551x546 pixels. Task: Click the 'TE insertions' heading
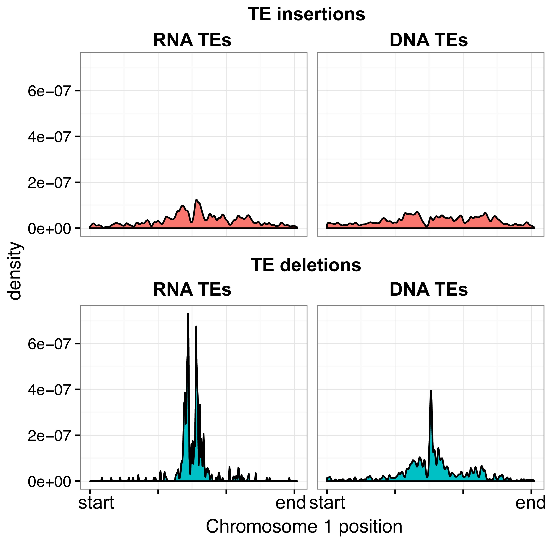pos(306,14)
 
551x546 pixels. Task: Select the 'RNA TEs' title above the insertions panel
pos(192,40)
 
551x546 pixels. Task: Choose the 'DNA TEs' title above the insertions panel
pos(428,40)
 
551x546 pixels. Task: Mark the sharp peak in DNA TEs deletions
pos(431,391)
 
